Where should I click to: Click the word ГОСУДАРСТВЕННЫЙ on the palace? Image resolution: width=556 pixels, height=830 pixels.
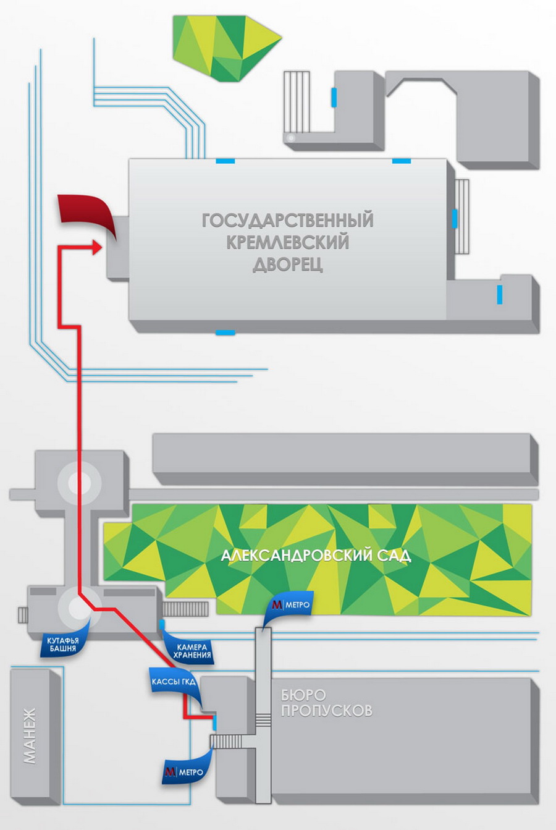[x=288, y=220]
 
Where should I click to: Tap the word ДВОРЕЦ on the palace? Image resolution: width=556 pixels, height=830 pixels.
[x=288, y=265]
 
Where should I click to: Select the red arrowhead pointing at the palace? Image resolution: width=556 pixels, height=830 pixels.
[x=97, y=248]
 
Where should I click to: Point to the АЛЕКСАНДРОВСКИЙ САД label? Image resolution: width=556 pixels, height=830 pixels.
[x=316, y=555]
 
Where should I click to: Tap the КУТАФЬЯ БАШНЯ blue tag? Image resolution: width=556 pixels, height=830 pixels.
[x=63, y=644]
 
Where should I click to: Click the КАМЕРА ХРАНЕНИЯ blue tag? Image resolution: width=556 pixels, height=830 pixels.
[x=192, y=650]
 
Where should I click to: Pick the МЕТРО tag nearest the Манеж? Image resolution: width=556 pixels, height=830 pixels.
[x=185, y=772]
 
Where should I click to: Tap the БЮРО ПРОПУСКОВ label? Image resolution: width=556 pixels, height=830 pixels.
[x=326, y=703]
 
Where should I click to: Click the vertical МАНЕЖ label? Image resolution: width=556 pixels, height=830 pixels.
[x=30, y=735]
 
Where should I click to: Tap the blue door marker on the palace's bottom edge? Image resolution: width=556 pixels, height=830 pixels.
[x=225, y=332]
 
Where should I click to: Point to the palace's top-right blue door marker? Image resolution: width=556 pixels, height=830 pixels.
[x=402, y=161]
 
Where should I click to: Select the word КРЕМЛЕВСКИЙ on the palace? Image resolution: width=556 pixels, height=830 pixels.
[x=288, y=242]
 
